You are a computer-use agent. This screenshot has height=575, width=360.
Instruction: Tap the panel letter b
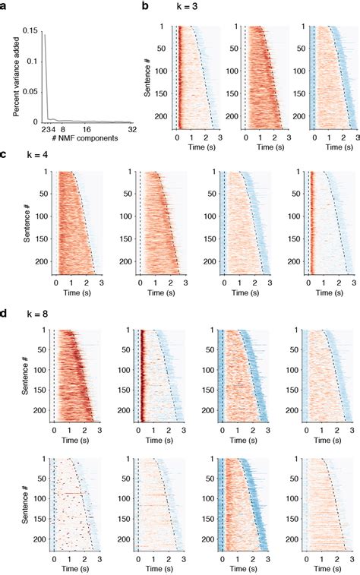145,6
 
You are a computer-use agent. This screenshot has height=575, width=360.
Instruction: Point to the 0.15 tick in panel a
30,30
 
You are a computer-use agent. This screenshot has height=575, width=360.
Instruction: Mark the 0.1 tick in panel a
32,61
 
